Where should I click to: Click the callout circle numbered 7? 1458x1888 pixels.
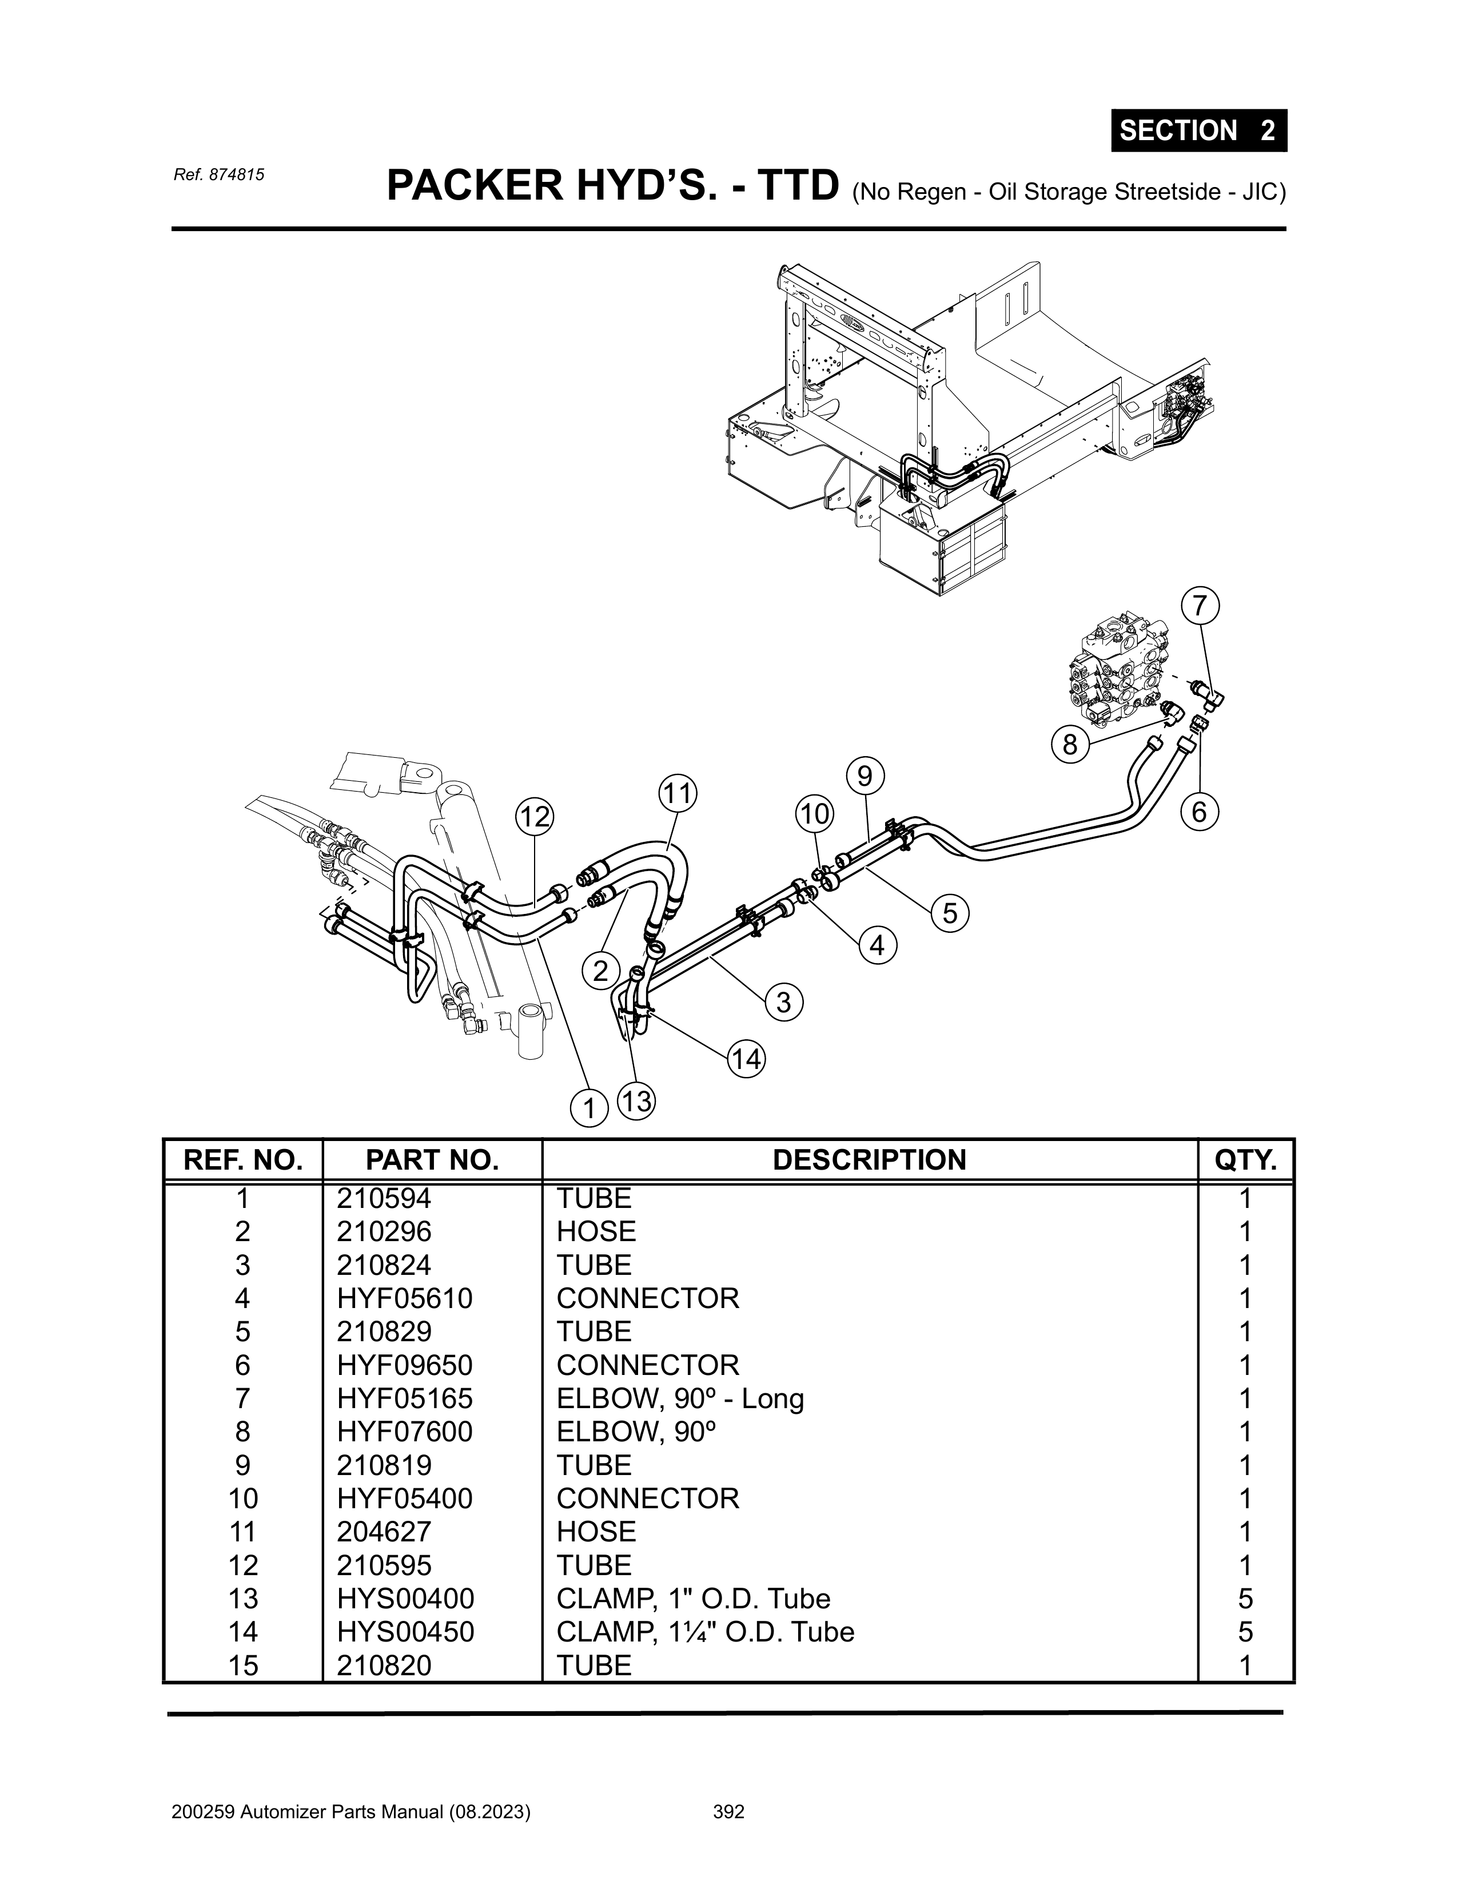click(1199, 606)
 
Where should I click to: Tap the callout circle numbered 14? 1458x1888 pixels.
click(747, 1059)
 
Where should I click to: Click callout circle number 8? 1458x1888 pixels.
click(1070, 744)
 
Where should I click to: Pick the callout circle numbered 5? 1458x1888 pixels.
click(950, 914)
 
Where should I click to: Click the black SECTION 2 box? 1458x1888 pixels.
click(1199, 130)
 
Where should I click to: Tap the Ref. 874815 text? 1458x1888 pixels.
click(218, 174)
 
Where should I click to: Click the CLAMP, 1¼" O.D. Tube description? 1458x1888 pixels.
click(705, 1632)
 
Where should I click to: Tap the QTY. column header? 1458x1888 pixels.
click(1245, 1159)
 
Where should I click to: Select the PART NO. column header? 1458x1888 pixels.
click(432, 1159)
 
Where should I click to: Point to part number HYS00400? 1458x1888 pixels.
click(405, 1599)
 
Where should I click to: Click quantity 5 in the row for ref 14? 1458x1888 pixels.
click(1245, 1632)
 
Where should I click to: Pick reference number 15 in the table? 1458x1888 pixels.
click(243, 1665)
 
